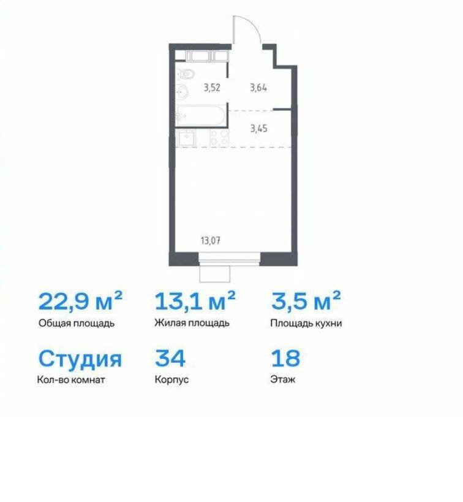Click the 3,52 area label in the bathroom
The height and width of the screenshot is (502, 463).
212,88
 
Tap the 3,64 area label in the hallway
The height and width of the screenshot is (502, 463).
258,88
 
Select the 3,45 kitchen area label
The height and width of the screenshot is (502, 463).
258,129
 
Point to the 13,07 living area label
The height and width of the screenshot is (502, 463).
211,240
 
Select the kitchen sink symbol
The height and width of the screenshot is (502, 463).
186,139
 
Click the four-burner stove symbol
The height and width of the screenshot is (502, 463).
219,138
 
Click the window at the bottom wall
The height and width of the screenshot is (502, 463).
230,259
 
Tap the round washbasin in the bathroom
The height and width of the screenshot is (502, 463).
183,92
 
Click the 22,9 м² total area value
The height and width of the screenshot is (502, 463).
80,301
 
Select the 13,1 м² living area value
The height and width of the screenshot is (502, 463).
195,301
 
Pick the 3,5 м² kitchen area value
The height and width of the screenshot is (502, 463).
306,301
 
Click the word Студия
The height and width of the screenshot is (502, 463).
80,359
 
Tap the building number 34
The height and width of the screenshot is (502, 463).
170,358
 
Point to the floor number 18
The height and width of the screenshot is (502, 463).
285,358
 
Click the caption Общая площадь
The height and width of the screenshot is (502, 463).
77,324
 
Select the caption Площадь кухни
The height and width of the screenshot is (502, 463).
306,324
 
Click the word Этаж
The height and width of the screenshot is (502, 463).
283,379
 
